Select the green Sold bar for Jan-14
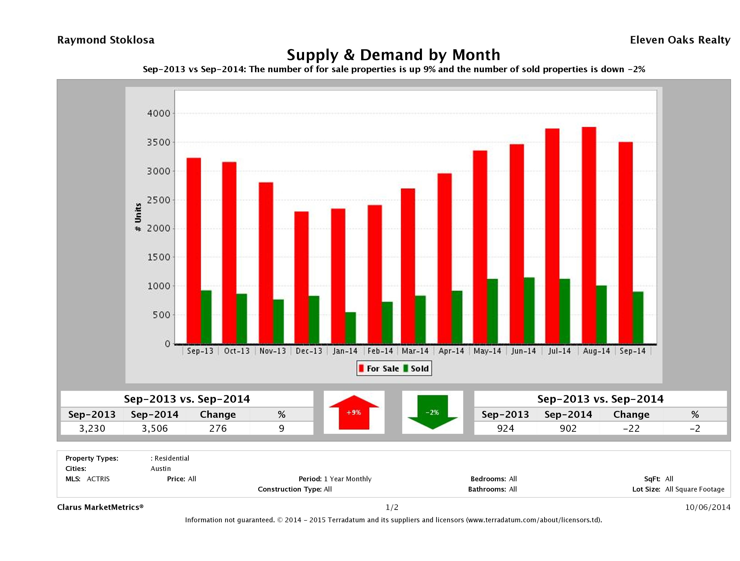tap(351, 328)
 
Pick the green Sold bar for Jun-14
tap(529, 311)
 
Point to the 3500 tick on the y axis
tap(159, 142)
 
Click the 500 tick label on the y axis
tap(161, 315)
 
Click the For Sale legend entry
tap(379, 368)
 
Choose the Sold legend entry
tap(416, 368)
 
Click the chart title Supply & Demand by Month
tap(394, 55)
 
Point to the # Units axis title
tap(138, 217)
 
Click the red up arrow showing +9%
tap(354, 412)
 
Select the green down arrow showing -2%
tap(432, 412)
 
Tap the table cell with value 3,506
tap(155, 429)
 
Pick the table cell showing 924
tap(505, 429)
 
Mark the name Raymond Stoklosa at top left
tap(106, 40)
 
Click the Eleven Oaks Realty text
tap(680, 40)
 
